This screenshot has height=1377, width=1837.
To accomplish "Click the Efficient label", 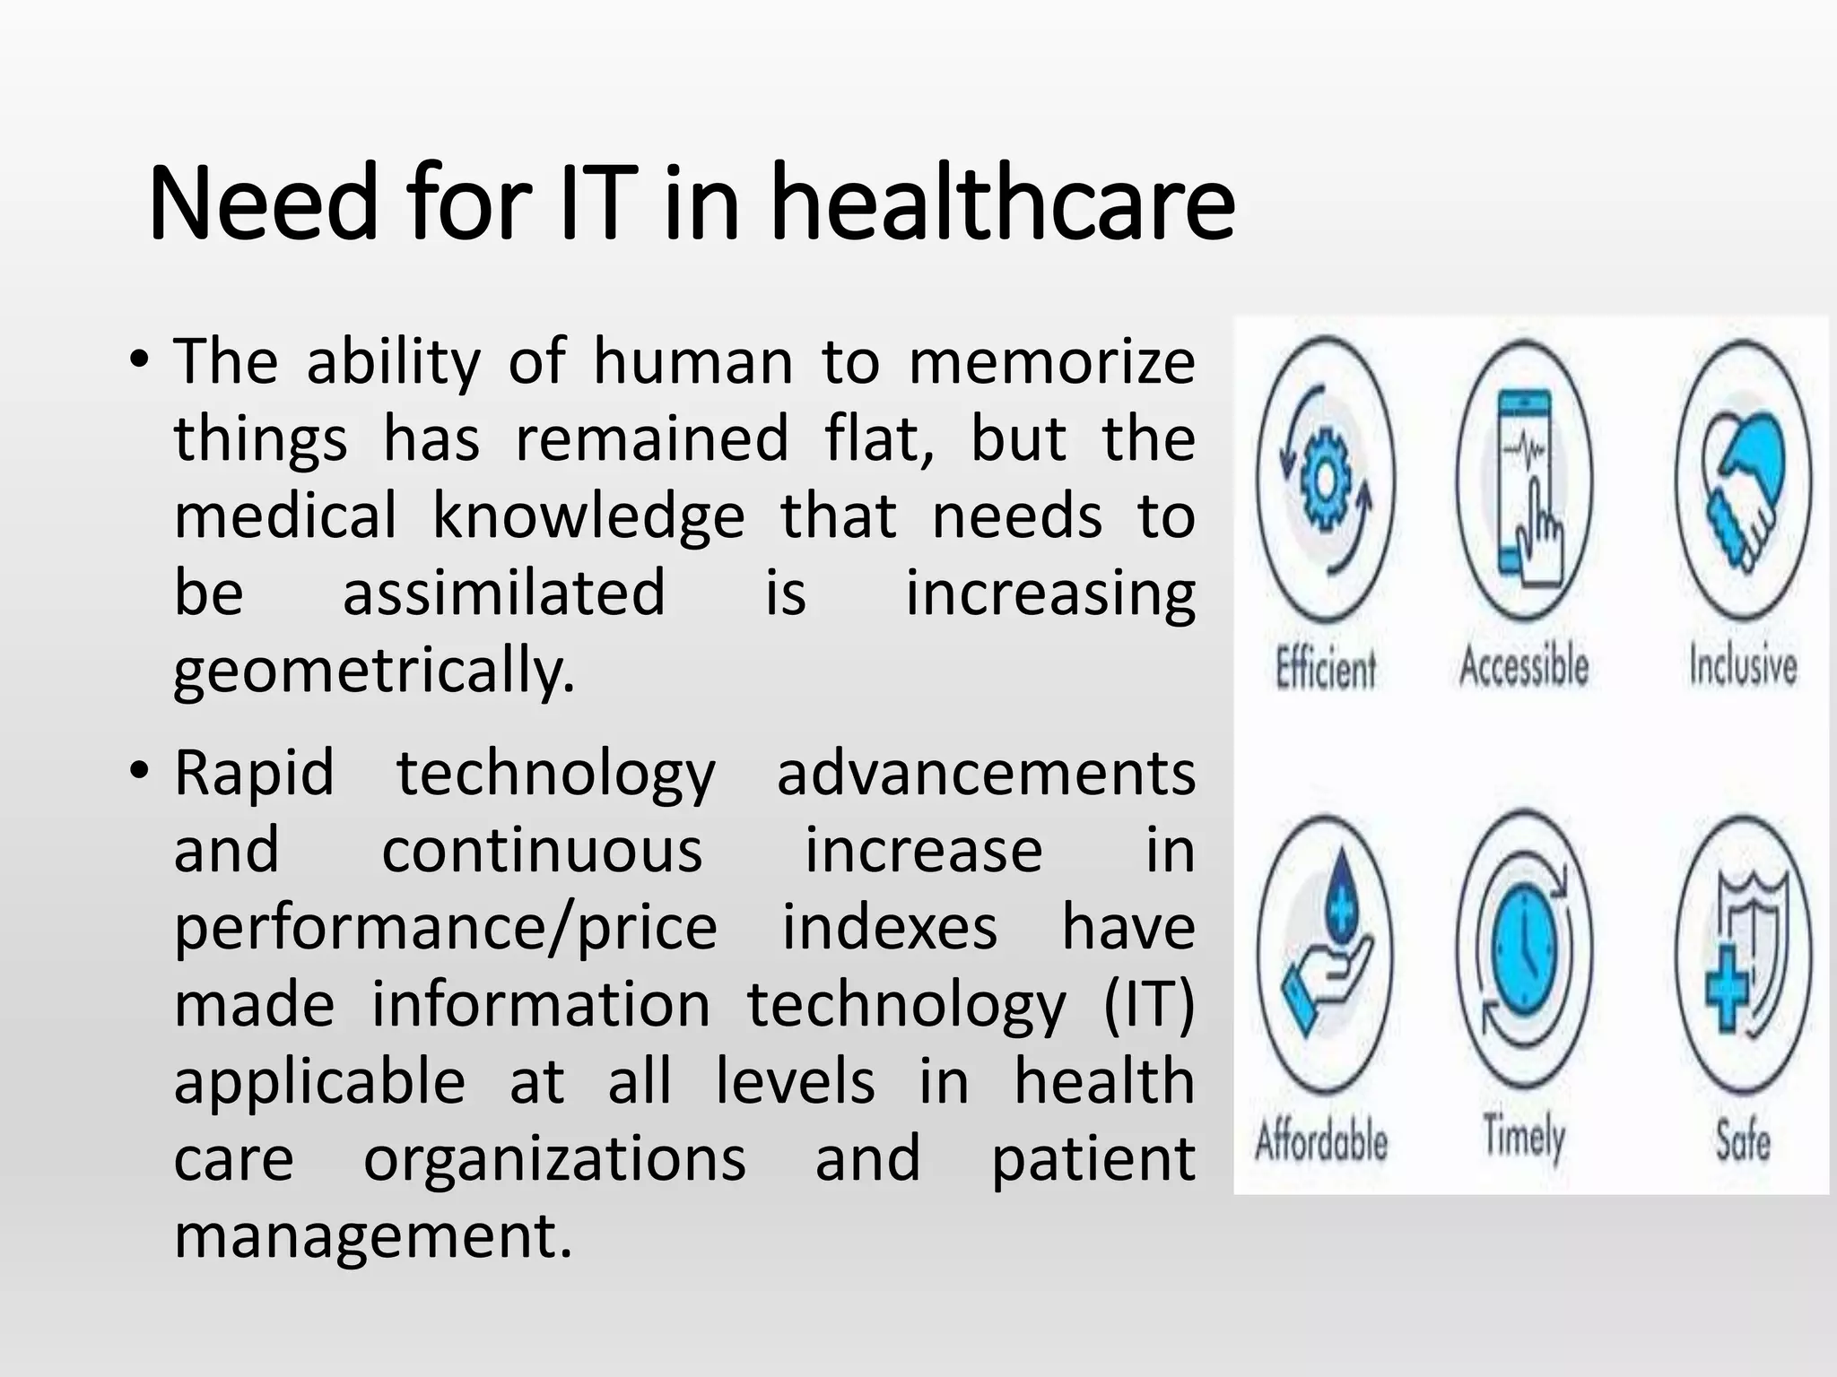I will tap(1326, 669).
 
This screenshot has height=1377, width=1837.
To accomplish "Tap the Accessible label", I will tap(1524, 666).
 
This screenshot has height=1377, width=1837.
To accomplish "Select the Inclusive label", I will tap(1743, 666).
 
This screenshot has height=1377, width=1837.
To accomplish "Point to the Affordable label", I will tap(1321, 1140).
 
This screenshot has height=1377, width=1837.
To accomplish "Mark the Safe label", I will tap(1743, 1140).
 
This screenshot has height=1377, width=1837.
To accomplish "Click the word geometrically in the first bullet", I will tap(373, 672).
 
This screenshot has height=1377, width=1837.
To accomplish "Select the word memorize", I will tap(1051, 362).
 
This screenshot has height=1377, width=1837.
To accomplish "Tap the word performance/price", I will tap(446, 929).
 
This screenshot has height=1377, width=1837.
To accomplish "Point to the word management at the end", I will tap(373, 1237).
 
